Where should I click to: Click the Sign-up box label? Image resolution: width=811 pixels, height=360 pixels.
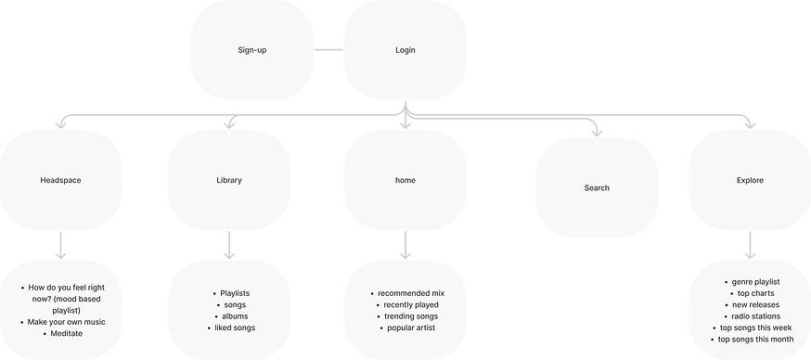click(x=252, y=47)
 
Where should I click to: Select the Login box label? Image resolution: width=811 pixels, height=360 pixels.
click(x=405, y=47)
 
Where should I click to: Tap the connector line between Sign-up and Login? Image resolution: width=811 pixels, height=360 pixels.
click(x=328, y=47)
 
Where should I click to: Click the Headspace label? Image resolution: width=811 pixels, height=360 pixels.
click(x=61, y=180)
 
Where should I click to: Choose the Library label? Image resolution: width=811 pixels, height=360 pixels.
click(x=228, y=180)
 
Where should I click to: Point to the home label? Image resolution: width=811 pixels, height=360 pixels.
click(x=405, y=180)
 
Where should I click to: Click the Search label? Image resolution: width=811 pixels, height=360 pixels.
click(x=597, y=187)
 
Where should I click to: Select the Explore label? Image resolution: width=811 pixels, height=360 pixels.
click(x=750, y=180)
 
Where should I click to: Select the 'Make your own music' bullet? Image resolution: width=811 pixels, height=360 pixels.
click(x=67, y=321)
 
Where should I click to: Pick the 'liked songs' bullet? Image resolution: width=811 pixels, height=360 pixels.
click(x=234, y=328)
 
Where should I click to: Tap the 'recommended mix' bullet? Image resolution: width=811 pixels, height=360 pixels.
click(x=411, y=292)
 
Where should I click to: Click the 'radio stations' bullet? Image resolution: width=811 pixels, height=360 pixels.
click(x=755, y=315)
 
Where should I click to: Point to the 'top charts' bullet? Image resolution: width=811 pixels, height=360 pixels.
click(x=755, y=292)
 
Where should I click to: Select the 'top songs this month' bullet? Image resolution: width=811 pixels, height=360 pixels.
click(x=755, y=340)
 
